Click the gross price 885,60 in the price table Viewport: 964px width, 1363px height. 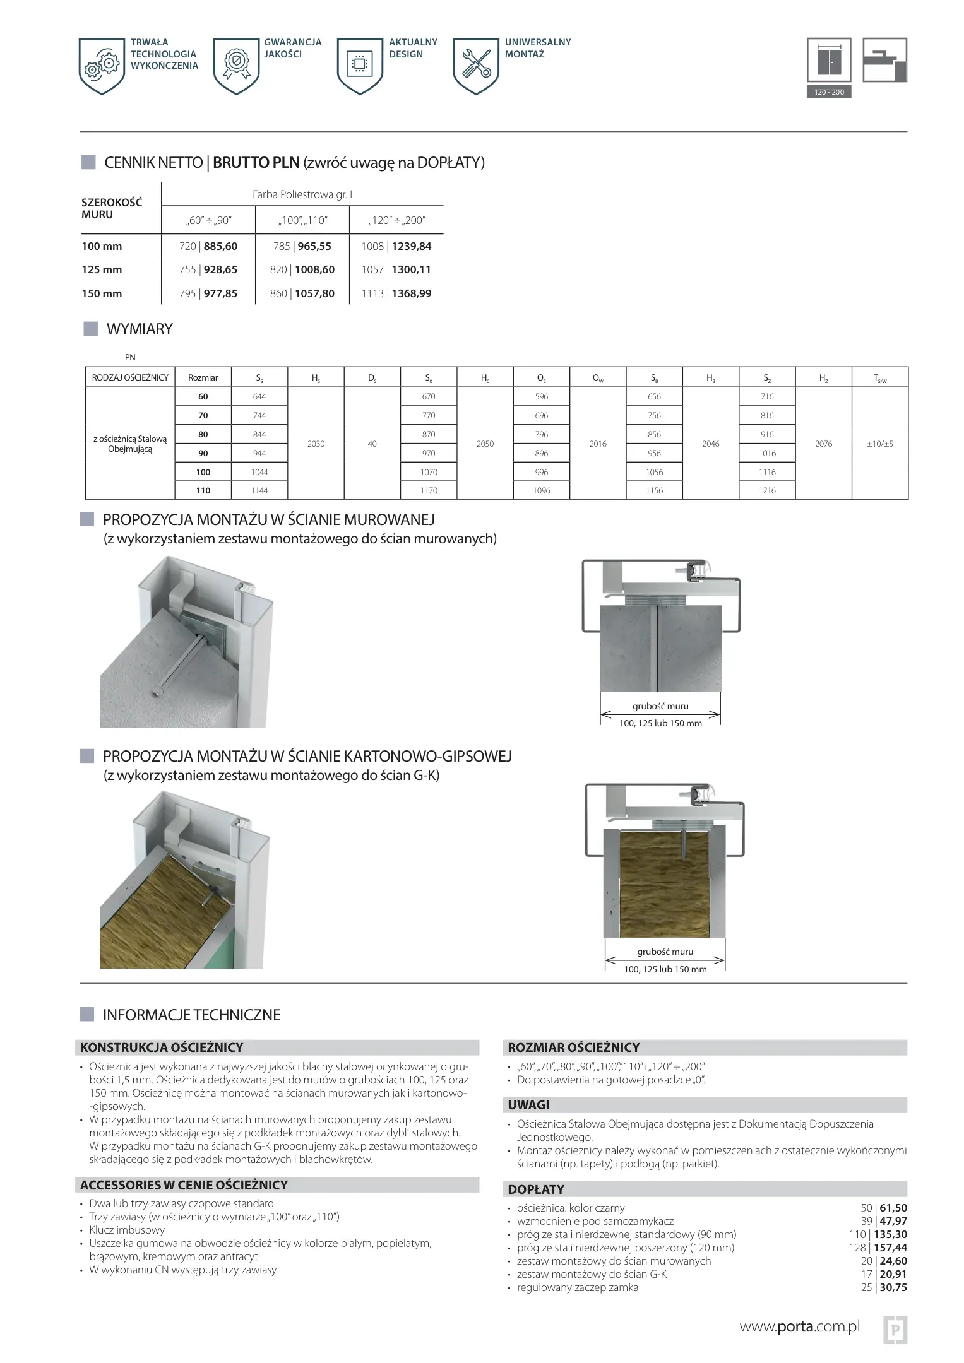pyautogui.click(x=220, y=246)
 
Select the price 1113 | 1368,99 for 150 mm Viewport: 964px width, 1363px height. pyautogui.click(x=396, y=293)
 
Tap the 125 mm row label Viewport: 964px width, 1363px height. pyautogui.click(x=102, y=269)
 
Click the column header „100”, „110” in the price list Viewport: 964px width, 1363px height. pyautogui.click(x=302, y=220)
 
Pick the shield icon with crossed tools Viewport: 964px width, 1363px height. pyautogui.click(x=476, y=66)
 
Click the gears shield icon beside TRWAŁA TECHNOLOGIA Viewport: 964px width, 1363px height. pyautogui.click(x=102, y=66)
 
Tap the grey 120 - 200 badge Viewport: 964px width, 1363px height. pyautogui.click(x=828, y=92)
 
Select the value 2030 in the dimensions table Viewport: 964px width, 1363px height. pyautogui.click(x=316, y=444)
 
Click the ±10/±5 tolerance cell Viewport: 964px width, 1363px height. pyautogui.click(x=879, y=444)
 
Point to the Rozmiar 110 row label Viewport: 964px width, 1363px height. pyautogui.click(x=203, y=490)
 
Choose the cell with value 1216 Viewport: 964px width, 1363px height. pyautogui.click(x=767, y=490)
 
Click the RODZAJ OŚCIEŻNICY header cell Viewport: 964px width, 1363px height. pyautogui.click(x=130, y=377)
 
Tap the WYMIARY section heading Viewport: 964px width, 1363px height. pyautogui.click(x=140, y=329)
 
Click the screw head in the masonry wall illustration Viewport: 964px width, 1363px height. pyautogui.click(x=158, y=693)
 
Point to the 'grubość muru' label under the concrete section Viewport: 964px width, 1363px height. pyautogui.click(x=660, y=706)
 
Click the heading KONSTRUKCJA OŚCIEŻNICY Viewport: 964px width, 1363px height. pyautogui.click(x=162, y=1047)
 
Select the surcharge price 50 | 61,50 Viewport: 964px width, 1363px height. pyautogui.click(x=883, y=1208)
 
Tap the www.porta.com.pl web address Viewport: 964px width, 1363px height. pyautogui.click(x=799, y=1326)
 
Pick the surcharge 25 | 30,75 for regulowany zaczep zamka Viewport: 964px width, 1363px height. pyautogui.click(x=883, y=1287)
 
